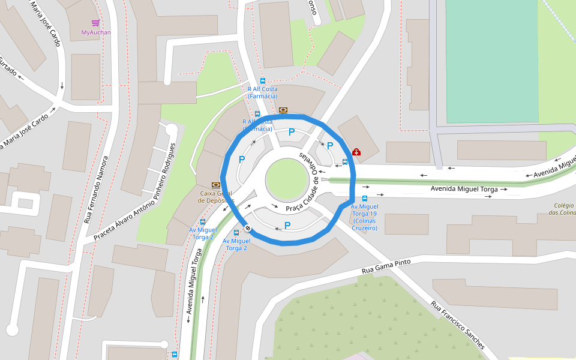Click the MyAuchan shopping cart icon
click(95, 23)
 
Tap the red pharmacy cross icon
click(356, 152)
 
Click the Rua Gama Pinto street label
click(386, 267)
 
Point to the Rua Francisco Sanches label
click(457, 325)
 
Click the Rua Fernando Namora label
click(96, 190)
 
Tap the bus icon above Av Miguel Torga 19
click(365, 199)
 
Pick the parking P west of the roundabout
click(242, 160)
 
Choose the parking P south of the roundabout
click(287, 226)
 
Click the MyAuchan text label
click(96, 32)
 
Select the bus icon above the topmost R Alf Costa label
click(262, 81)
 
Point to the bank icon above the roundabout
click(283, 110)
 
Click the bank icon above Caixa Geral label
click(215, 185)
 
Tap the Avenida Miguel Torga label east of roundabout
click(464, 189)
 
